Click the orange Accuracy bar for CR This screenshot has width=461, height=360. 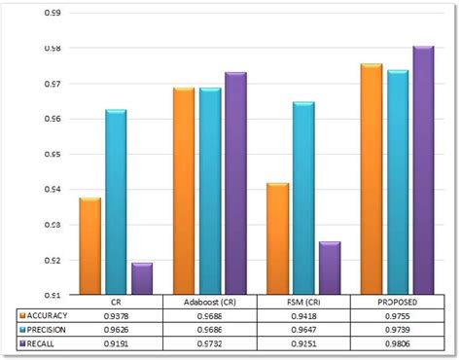pos(89,245)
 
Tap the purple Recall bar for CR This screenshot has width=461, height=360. pos(142,278)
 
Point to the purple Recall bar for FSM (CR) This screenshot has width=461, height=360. pos(330,268)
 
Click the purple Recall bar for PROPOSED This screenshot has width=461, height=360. pos(422,169)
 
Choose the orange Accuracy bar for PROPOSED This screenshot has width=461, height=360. pos(371,179)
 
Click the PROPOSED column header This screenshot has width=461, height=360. pos(396,303)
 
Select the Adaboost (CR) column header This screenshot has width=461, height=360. pos(209,303)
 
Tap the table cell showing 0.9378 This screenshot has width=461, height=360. pos(116,315)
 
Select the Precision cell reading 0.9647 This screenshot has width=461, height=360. pos(302,330)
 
